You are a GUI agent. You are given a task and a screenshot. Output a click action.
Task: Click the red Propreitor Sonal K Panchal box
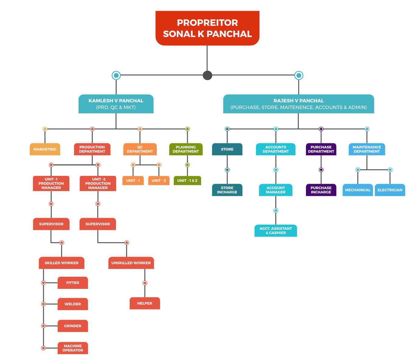(207, 28)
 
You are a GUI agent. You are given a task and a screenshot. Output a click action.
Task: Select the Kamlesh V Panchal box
(116, 104)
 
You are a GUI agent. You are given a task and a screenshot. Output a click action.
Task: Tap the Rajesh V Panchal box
(298, 104)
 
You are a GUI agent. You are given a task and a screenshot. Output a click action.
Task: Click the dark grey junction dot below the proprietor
(207, 75)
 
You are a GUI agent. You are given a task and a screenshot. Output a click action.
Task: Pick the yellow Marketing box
(45, 149)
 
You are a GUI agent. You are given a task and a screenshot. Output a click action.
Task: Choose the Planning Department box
(186, 149)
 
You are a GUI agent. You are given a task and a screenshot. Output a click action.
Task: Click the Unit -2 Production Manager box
(98, 183)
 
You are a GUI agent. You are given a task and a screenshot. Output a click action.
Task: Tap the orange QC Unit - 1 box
(133, 180)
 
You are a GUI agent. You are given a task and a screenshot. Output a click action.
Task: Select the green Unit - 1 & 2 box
(187, 180)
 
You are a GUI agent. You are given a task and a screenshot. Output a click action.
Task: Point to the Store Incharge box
(227, 190)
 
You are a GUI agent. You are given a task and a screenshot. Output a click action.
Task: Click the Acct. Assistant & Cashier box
(276, 231)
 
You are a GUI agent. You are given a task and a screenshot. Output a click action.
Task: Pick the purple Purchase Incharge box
(321, 190)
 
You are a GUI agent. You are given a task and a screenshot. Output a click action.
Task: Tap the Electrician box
(390, 190)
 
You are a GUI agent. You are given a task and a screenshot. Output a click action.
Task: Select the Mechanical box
(358, 190)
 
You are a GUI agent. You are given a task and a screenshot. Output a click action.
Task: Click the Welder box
(73, 304)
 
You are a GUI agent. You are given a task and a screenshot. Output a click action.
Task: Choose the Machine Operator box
(73, 348)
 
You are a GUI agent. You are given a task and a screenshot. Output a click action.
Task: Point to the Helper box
(145, 303)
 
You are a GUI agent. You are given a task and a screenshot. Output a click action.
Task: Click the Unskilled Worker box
(131, 263)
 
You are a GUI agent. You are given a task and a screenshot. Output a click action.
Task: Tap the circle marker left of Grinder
(43, 326)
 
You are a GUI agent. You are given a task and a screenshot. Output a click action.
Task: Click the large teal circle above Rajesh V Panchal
(299, 75)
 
